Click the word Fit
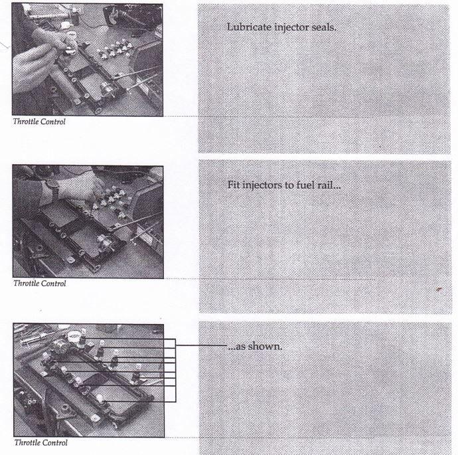234,185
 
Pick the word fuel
305,185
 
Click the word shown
266,346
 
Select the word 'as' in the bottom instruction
241,347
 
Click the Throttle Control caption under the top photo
39,122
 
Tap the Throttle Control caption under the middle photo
40,283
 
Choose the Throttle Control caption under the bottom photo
41,442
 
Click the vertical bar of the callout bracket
175,370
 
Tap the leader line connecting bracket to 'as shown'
202,345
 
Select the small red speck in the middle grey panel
439,290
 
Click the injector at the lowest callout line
100,399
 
